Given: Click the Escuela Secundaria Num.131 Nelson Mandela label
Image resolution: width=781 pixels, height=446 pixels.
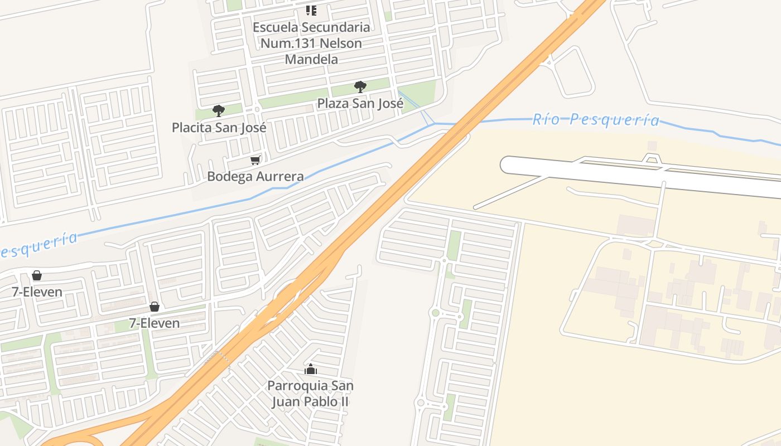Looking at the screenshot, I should coord(311,43).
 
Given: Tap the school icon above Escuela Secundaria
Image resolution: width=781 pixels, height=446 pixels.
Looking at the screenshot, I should coord(311,10).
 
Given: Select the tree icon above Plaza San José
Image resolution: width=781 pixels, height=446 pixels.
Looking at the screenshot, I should coord(360,87).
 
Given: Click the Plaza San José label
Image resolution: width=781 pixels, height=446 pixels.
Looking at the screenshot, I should coord(360,103).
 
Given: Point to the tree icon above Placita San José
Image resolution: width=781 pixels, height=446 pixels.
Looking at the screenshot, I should coord(218,111).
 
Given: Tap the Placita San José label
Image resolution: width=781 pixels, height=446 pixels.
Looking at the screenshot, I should coord(219,127).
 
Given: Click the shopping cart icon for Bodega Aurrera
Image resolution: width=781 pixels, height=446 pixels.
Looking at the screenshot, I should coord(255,161).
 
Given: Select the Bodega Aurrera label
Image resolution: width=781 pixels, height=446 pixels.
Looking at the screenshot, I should coord(255,177).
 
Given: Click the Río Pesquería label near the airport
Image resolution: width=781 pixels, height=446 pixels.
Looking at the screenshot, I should coord(595,119).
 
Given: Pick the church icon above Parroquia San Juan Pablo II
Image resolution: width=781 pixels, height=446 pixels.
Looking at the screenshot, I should coord(311,369).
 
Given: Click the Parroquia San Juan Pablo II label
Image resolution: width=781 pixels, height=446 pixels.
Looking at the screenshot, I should coord(310,394).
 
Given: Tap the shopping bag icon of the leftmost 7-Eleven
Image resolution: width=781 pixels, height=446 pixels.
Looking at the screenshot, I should coord(37,275).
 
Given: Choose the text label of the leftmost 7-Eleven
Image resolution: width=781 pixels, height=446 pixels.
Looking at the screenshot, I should coord(37,292).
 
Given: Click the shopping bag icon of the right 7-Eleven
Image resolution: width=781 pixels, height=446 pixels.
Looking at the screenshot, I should coord(155,307).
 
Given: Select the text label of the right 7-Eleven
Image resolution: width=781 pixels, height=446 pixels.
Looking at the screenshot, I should coord(155,323).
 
